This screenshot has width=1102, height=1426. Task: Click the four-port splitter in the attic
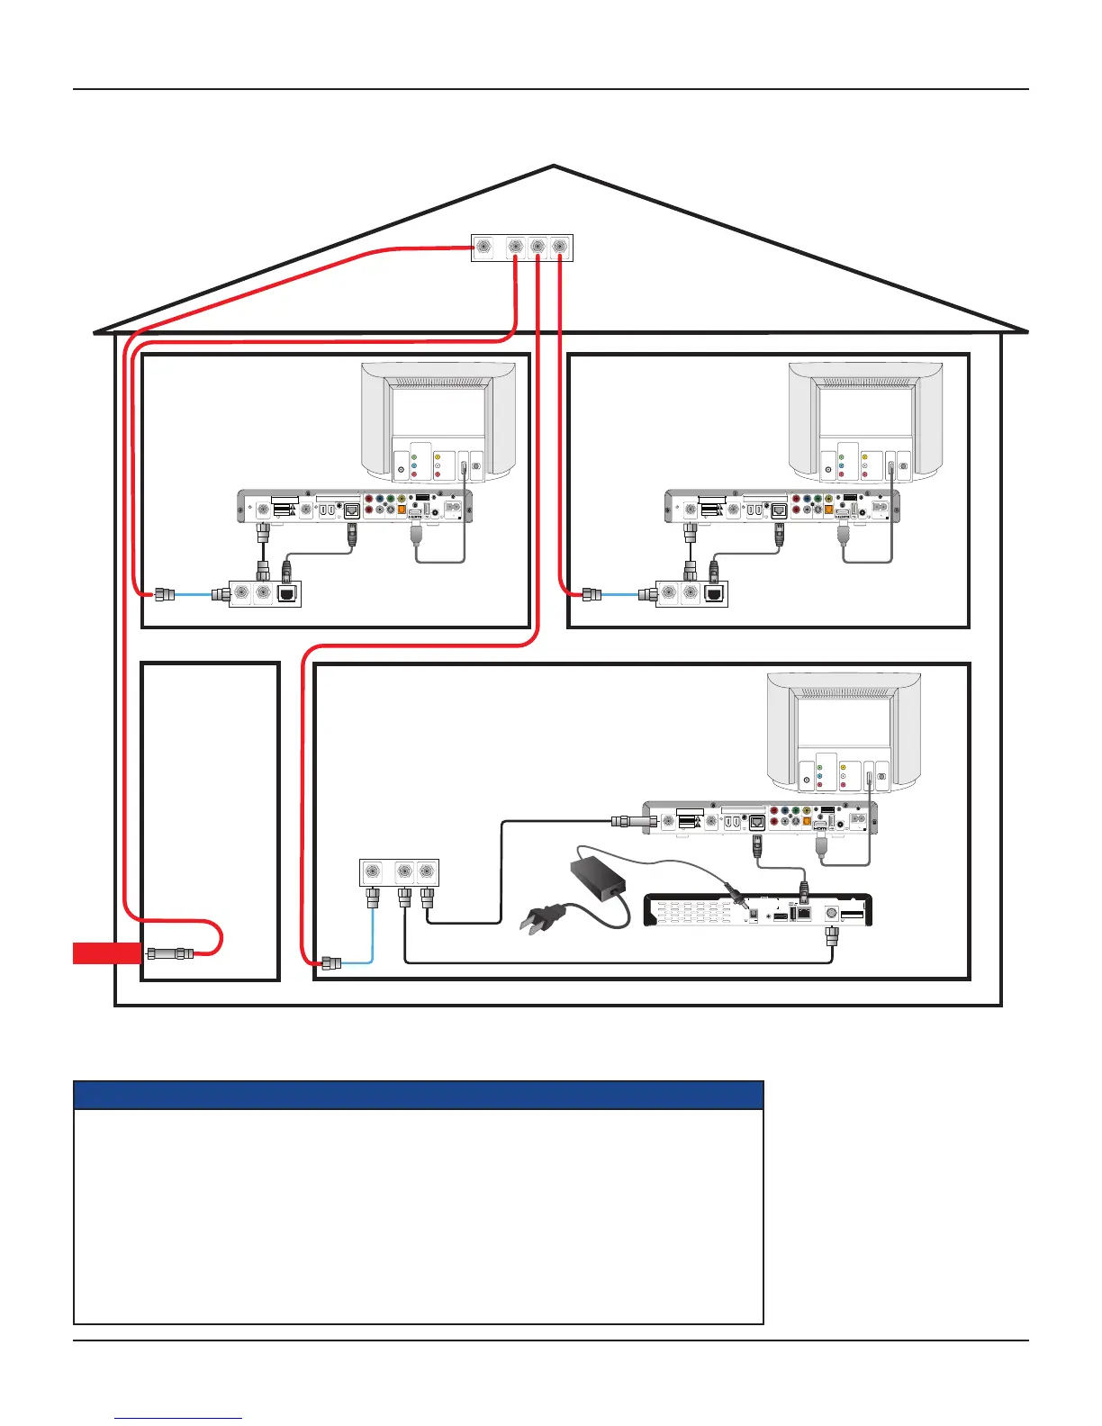point(522,248)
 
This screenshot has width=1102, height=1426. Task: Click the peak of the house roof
point(554,167)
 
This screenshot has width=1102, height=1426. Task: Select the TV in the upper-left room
point(438,422)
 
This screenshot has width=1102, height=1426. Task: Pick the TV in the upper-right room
point(866,422)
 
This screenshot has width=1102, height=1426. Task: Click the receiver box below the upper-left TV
point(355,507)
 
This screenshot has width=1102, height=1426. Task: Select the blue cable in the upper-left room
point(193,594)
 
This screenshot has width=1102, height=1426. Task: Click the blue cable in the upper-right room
point(620,594)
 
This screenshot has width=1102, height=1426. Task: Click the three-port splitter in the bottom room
point(399,871)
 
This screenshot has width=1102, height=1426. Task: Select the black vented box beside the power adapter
point(759,911)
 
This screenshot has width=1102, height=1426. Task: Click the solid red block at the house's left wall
point(106,952)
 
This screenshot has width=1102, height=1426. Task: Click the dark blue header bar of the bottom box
point(418,1095)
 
